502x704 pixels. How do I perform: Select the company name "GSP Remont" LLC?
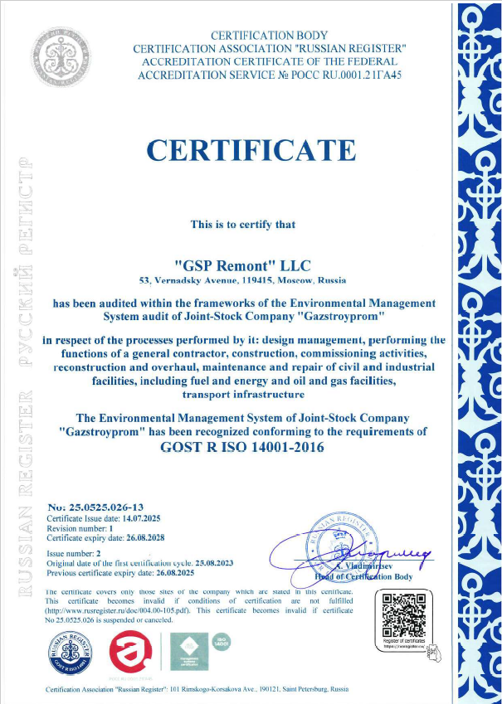[x=239, y=265]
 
